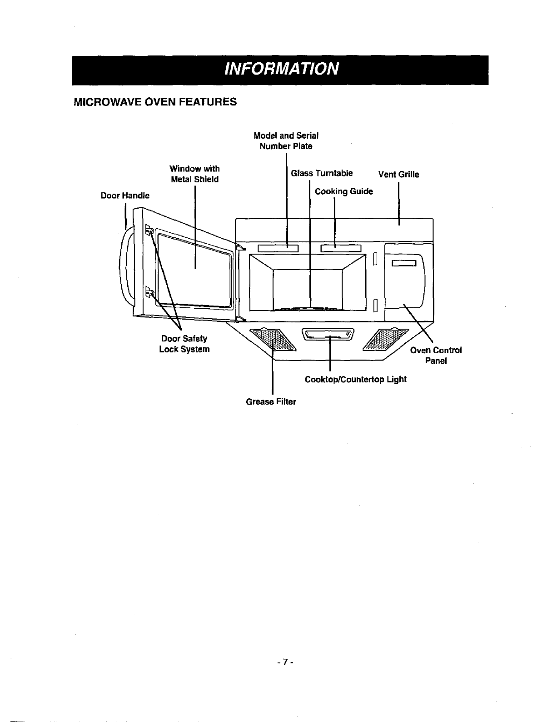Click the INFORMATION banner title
point(280,69)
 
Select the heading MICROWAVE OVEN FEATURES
point(155,101)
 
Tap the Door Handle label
point(125,196)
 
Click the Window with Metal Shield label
point(194,174)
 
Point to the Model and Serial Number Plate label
point(286,141)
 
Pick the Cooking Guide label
point(344,191)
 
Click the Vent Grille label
point(398,175)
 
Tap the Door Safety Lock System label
point(184,344)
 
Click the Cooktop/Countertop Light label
point(355,379)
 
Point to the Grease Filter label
point(271,402)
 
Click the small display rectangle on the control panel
point(404,263)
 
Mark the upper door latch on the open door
point(149,230)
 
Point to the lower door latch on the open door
point(149,292)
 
